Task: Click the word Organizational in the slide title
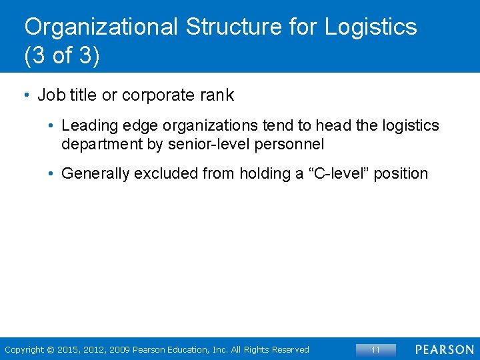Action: [x=101, y=27]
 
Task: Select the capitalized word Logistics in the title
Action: [x=371, y=27]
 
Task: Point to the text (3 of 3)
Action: [x=61, y=56]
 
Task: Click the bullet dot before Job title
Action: [x=26, y=95]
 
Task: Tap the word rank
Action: [x=217, y=95]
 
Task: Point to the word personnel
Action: [x=292, y=143]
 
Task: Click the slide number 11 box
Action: [x=375, y=349]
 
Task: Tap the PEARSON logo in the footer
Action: [x=444, y=349]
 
